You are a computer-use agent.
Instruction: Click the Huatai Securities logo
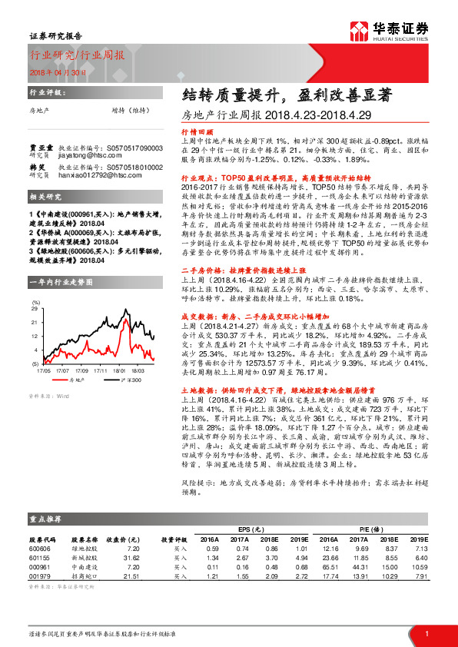[400, 32]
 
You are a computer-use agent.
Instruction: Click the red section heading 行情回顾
[195, 131]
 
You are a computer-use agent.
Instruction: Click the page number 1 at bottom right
[426, 632]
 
